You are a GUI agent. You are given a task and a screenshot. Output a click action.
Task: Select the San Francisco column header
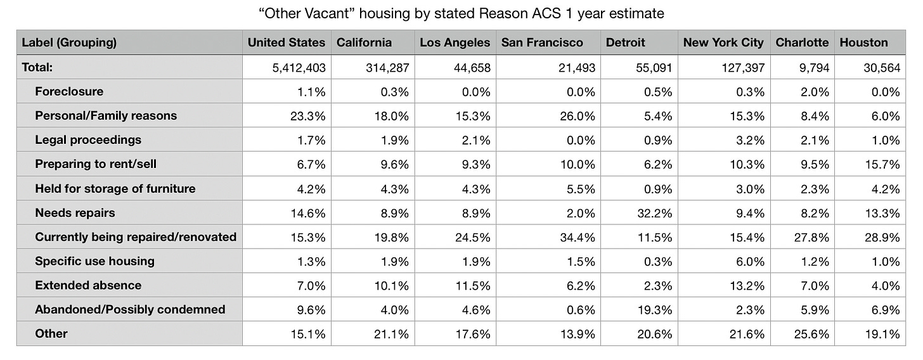(x=541, y=43)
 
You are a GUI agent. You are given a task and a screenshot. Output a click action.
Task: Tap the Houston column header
(x=863, y=43)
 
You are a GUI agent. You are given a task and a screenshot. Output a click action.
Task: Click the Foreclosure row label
(x=69, y=91)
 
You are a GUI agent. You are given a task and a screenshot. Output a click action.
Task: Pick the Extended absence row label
(x=88, y=285)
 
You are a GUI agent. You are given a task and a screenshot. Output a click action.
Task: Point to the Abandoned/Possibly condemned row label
(x=130, y=309)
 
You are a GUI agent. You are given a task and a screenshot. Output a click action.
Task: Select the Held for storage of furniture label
(x=115, y=188)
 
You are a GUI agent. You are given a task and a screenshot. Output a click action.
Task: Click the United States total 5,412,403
(x=299, y=67)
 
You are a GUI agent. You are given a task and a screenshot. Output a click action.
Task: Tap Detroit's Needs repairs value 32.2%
(x=657, y=213)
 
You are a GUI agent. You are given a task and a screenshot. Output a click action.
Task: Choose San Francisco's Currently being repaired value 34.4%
(x=580, y=237)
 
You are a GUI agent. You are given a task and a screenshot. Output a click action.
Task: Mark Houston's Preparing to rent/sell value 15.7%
(x=884, y=164)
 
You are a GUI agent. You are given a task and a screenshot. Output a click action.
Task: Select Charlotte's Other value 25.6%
(x=813, y=334)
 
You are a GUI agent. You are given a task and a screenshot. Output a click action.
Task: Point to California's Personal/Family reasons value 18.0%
(x=394, y=116)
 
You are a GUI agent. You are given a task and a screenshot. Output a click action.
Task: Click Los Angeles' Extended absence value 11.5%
(x=475, y=285)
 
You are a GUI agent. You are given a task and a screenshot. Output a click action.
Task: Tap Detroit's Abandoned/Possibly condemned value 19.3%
(x=657, y=309)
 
